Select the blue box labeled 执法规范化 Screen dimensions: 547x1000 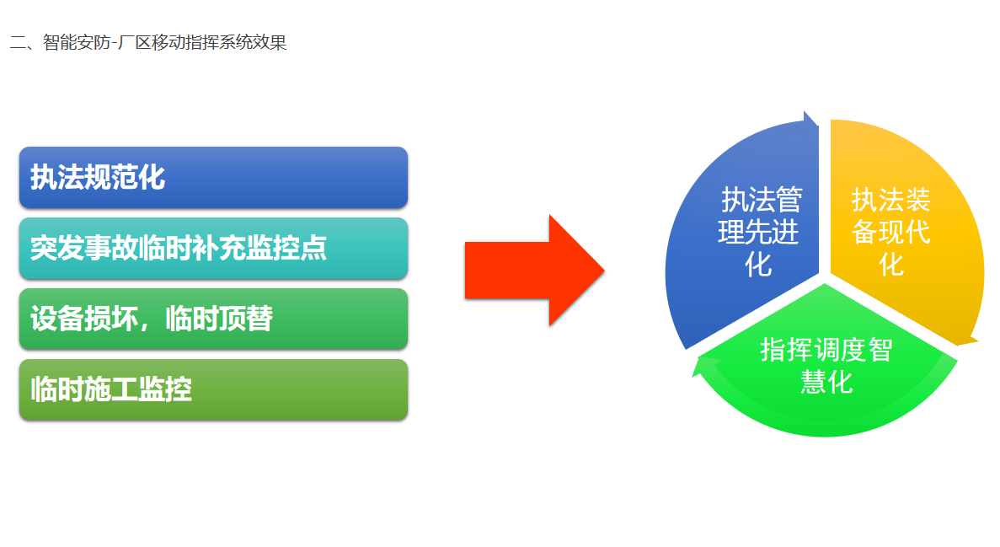tap(213, 178)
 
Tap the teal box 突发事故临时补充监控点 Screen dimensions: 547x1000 tap(213, 249)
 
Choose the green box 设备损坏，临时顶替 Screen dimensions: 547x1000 tap(213, 319)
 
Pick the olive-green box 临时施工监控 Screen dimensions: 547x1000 tap(213, 390)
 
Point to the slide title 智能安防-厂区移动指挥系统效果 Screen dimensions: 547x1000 tap(148, 42)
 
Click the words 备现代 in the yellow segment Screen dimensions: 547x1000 tap(891, 233)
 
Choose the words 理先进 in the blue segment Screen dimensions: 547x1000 tap(758, 233)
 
